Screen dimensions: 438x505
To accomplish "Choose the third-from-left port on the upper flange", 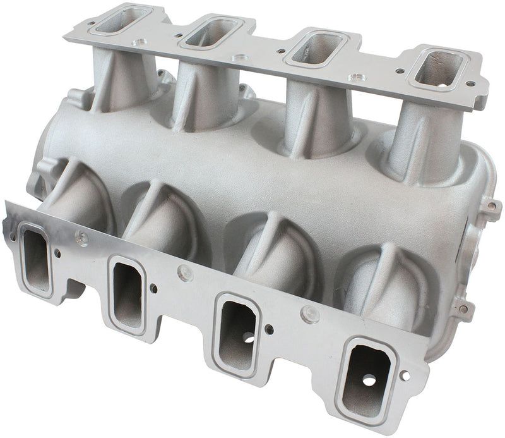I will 317,47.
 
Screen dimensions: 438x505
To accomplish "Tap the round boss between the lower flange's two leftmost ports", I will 81,238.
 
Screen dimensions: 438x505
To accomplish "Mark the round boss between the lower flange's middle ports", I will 184,272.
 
